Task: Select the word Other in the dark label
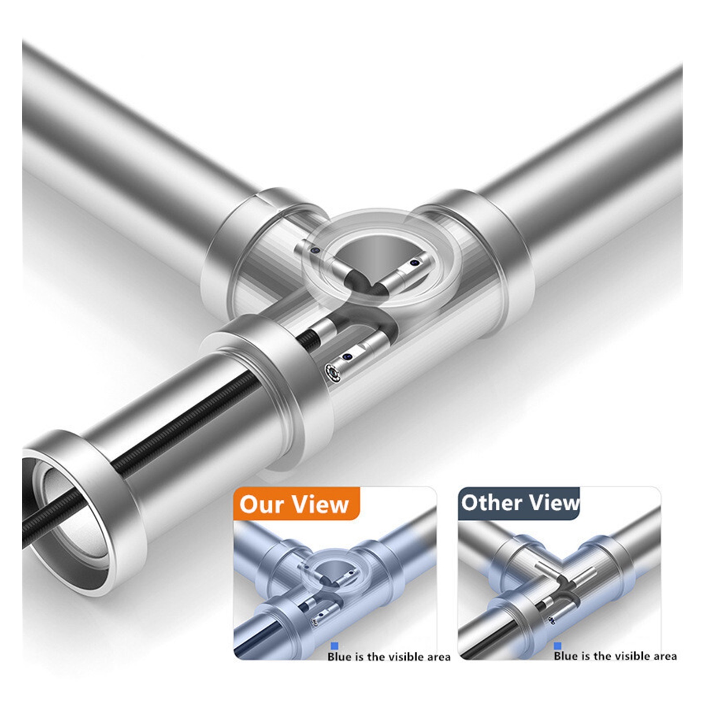click(491, 502)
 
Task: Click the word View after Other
click(554, 502)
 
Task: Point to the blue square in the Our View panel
click(334, 646)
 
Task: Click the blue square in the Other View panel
click(558, 646)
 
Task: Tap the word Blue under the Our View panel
click(340, 657)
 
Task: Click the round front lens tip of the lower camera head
click(332, 371)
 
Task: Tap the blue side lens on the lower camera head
click(348, 356)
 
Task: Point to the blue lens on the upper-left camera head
click(314, 250)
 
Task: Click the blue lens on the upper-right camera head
click(414, 263)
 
